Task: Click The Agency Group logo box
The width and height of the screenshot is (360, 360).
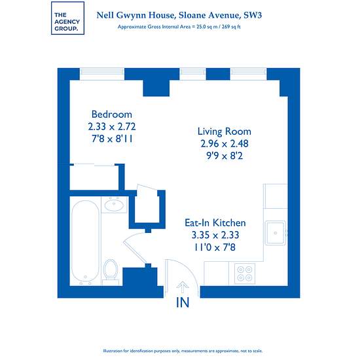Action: point(67,18)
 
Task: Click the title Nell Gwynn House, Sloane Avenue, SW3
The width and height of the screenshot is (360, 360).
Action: point(179,15)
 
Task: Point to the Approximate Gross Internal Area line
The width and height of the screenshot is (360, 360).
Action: point(179,27)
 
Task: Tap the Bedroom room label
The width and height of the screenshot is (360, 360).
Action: point(111,115)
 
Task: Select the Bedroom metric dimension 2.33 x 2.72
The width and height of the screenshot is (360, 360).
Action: point(112,126)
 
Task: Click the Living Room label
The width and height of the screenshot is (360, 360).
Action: point(225,132)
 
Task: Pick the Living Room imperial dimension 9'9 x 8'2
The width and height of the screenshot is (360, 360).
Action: point(225,156)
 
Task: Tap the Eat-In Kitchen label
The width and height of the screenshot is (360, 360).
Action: point(215,223)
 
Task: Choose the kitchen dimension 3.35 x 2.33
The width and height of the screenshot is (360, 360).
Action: point(215,235)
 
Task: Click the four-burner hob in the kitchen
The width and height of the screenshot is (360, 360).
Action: point(245,274)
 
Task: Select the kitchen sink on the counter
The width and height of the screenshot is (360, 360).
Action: point(276,233)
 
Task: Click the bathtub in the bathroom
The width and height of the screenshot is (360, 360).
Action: point(85,242)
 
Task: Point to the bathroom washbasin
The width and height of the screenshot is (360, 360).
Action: point(114,204)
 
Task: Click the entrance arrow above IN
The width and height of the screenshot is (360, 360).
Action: point(183,287)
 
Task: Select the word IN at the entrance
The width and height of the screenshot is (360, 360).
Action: point(183,302)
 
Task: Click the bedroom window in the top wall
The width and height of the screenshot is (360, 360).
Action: point(102,74)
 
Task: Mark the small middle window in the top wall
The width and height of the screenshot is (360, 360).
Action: point(192,74)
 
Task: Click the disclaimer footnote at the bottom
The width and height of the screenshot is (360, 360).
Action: point(183,351)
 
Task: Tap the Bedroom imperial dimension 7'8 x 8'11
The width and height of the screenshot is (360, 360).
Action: point(112,139)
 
